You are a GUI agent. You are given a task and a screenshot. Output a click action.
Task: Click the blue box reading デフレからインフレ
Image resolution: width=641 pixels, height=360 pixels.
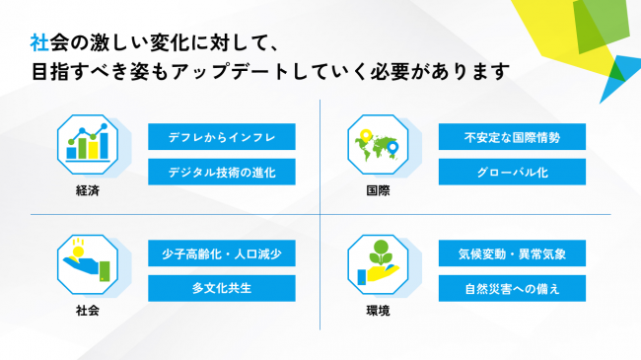[x=222, y=137]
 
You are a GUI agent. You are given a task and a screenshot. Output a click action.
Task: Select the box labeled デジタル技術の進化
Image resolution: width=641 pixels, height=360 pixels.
[x=222, y=173]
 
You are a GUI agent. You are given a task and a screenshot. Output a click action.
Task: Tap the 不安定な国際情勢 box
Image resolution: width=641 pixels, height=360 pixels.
[x=513, y=137]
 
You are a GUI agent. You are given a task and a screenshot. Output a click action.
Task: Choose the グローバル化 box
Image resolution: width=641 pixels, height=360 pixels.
[x=513, y=173]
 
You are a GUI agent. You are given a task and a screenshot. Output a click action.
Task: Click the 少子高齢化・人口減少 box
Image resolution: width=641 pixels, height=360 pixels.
[x=222, y=254]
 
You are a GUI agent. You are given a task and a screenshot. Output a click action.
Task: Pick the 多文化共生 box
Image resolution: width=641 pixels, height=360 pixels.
[x=222, y=289]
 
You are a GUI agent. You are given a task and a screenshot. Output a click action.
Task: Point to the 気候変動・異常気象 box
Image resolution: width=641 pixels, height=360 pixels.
[x=513, y=254]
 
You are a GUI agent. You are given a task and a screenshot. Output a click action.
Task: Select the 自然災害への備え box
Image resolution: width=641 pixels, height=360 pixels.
[x=513, y=289]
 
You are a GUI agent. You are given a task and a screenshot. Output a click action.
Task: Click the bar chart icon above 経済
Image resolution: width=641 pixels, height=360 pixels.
[x=87, y=145]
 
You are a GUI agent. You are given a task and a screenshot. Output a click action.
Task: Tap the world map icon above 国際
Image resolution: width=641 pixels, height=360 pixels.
[x=378, y=145]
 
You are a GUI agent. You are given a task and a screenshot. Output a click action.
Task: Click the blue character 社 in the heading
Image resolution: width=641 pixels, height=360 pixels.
[x=39, y=43]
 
